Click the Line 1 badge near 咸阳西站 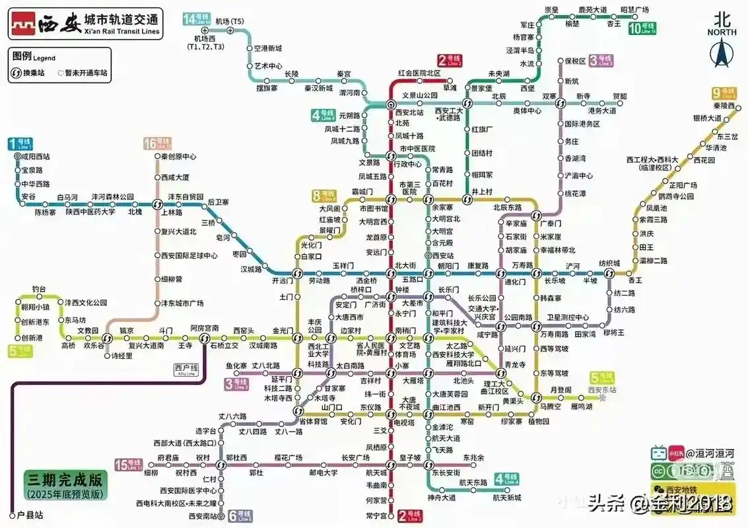pos(19,143)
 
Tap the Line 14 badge pos(196,19)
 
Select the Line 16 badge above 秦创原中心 pos(157,144)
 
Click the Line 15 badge pos(128,464)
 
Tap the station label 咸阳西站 pos(36,157)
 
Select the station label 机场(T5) pos(230,22)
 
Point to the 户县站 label pos(30,515)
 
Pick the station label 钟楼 pos(403,290)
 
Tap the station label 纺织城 pos(609,263)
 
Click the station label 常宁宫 pos(376,515)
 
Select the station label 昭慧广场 pos(634,9)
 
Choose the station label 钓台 pos(40,289)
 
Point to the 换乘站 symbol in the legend pos(19,73)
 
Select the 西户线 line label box pos(186,370)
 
